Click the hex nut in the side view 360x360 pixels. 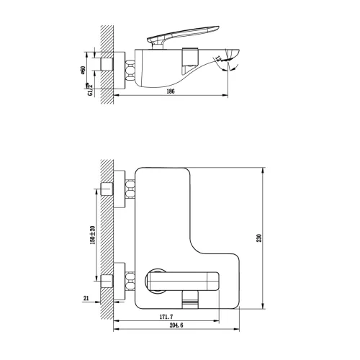tap(132, 69)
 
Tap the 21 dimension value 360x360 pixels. tap(86, 298)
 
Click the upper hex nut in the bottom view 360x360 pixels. tap(132, 189)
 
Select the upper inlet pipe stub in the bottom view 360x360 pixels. tap(107, 189)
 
